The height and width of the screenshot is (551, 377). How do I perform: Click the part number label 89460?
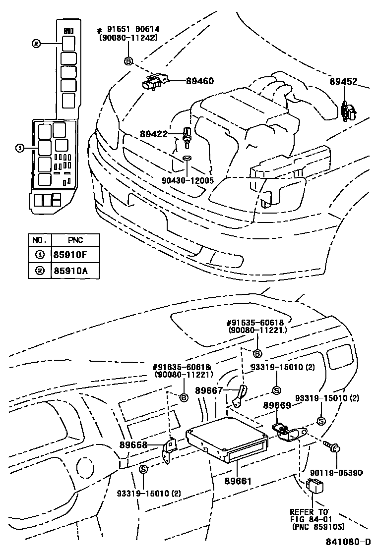click(200, 81)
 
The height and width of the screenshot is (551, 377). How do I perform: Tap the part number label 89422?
click(154, 134)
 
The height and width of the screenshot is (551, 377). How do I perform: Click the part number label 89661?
click(238, 481)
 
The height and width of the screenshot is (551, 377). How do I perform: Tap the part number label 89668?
click(133, 444)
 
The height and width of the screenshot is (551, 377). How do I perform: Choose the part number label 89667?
click(208, 390)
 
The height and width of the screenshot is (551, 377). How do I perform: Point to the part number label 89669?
click(277, 405)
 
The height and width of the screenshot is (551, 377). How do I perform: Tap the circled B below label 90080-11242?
click(128, 61)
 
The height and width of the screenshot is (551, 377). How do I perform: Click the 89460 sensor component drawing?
click(155, 82)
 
